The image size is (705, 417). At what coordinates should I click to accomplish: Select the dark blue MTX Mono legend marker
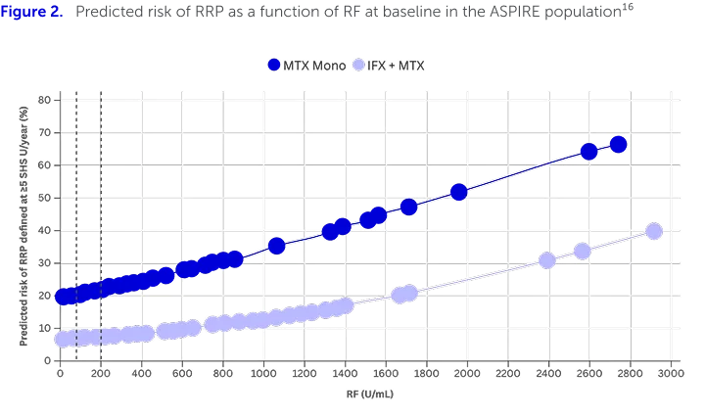point(274,65)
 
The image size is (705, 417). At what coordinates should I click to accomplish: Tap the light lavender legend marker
point(360,65)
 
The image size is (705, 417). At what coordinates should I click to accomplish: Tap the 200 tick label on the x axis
point(101,373)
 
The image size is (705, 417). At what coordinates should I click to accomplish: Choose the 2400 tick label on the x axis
point(547,373)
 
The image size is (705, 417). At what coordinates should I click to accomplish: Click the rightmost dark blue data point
point(618,145)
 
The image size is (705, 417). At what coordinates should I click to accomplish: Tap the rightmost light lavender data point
point(654,231)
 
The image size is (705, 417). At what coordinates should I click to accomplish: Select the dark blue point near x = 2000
point(458,193)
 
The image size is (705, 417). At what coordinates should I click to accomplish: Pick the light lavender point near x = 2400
point(548,260)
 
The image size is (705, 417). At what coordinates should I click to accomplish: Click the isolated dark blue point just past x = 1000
point(277,246)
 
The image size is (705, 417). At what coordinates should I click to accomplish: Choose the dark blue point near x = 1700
point(409,208)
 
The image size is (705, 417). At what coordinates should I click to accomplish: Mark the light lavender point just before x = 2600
point(583,251)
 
